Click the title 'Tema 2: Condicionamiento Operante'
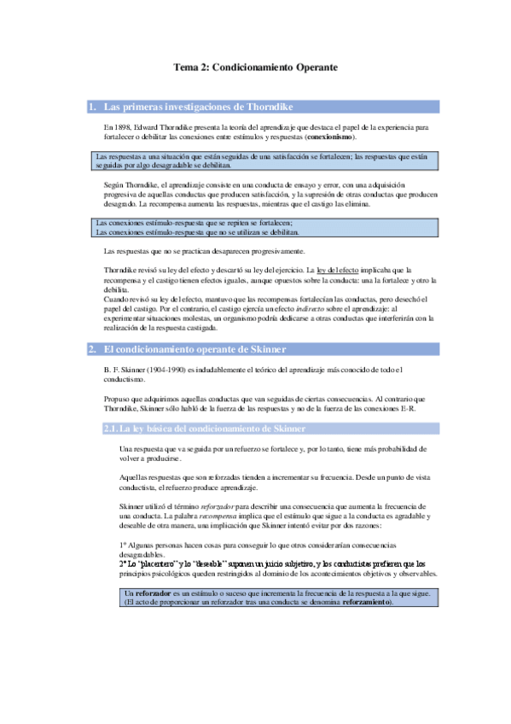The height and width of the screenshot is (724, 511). click(x=256, y=67)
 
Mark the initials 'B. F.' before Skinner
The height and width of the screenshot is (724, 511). click(x=111, y=369)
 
